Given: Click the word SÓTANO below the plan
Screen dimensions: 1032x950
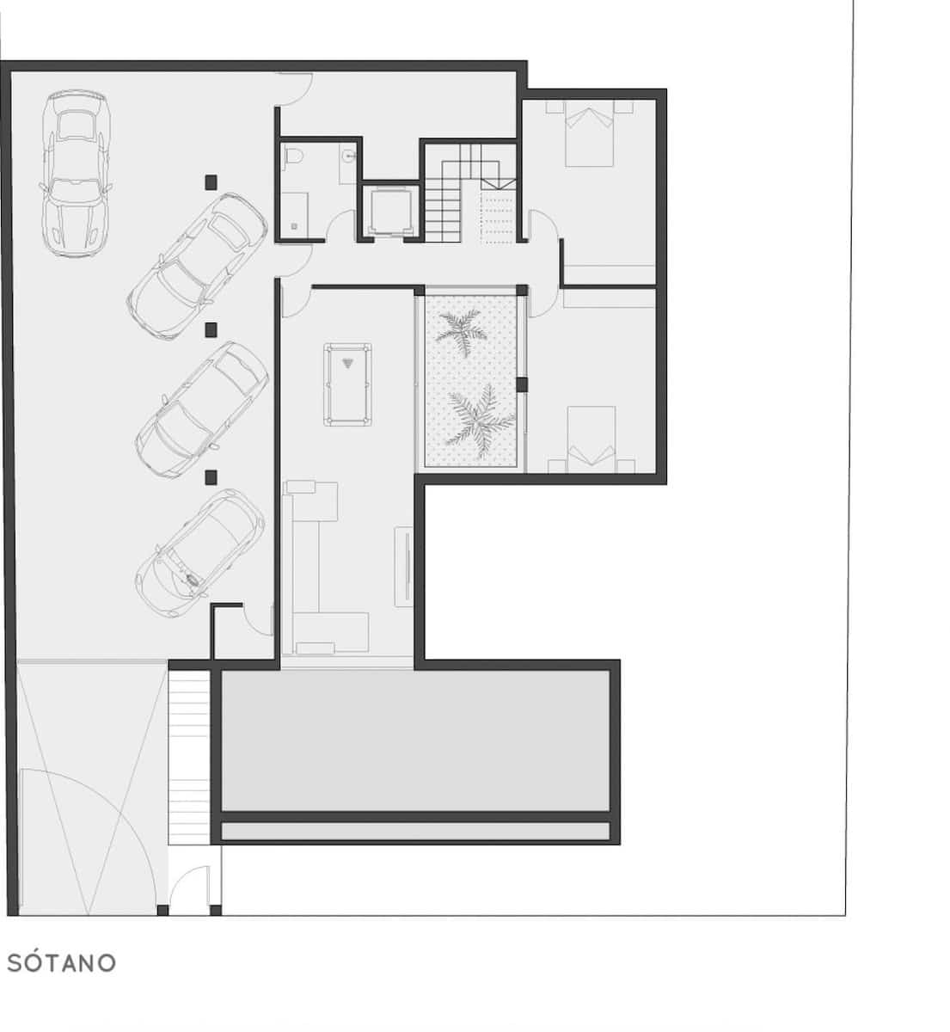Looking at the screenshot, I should [61, 962].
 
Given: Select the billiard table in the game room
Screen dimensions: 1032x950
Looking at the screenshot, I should [347, 384].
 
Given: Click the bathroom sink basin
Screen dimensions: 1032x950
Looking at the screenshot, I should [347, 157].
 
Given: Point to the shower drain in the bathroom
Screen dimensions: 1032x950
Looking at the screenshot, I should [295, 226].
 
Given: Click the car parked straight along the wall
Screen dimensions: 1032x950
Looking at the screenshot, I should [77, 173].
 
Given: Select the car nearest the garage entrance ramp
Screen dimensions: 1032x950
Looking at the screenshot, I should [199, 551].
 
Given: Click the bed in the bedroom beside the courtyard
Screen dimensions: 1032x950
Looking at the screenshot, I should [591, 438].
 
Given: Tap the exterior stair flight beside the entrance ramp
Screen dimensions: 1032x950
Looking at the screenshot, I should [189, 757].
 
